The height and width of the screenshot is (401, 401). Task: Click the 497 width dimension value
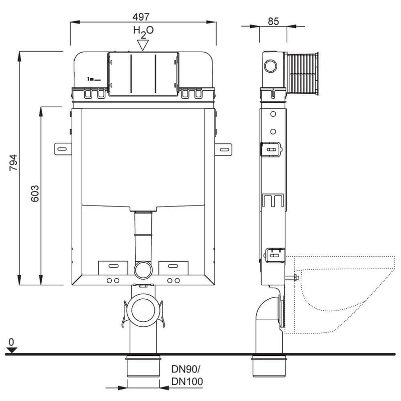pos(141,17)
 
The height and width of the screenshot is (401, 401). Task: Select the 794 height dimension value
pos(13,162)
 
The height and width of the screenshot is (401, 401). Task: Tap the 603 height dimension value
pos(35,193)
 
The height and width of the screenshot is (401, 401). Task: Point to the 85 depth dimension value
pos(273,21)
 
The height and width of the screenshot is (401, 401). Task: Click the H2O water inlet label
pos(143,32)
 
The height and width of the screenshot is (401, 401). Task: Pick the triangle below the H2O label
pos(143,45)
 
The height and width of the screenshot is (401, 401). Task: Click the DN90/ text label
pos(186,369)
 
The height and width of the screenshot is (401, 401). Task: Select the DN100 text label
pos(187,381)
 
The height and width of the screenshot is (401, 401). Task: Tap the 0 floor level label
pos(11,342)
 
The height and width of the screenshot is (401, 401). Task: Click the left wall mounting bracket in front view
pos(63,149)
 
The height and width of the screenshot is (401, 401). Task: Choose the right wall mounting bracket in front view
pos(224,149)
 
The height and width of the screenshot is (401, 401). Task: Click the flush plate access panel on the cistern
pos(143,74)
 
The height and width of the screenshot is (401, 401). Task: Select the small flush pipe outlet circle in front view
pos(143,270)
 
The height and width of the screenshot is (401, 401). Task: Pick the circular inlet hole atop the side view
pos(270,66)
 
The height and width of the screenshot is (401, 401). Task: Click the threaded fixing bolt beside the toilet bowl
pos(292,277)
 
